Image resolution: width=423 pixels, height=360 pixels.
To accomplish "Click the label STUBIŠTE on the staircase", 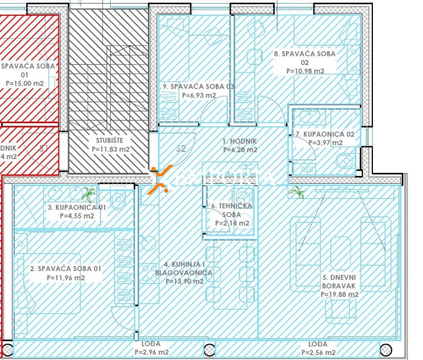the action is pyautogui.click(x=110, y=140).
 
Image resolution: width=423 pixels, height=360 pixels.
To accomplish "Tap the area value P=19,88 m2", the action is pyautogui.click(x=340, y=294).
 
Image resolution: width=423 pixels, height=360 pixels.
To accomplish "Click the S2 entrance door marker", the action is pyautogui.click(x=181, y=149).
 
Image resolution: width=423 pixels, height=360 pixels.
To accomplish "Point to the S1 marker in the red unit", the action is pyautogui.click(x=44, y=148).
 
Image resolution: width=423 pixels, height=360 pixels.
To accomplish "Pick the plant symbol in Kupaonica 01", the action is pyautogui.click(x=89, y=195).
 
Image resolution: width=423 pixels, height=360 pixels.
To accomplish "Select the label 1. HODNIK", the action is pyautogui.click(x=240, y=141).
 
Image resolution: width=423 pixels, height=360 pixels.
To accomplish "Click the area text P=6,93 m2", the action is pyautogui.click(x=198, y=95).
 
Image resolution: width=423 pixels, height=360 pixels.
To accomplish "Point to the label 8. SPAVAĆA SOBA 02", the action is pyautogui.click(x=304, y=57).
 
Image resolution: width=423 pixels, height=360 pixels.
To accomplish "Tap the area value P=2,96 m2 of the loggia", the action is pyautogui.click(x=151, y=352).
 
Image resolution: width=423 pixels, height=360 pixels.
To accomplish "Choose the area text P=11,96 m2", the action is pyautogui.click(x=65, y=278).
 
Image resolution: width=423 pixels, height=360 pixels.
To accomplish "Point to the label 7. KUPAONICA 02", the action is pyautogui.click(x=325, y=134).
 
